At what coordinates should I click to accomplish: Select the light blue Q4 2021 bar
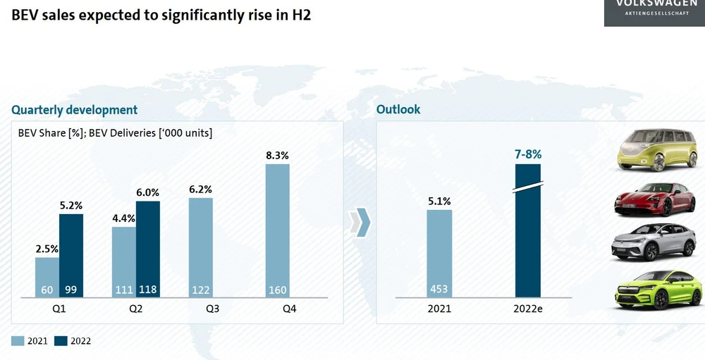277,230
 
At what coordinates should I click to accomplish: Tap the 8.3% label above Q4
277,156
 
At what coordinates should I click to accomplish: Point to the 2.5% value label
47,249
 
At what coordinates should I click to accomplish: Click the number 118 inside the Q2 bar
148,290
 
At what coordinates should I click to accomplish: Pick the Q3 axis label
201,308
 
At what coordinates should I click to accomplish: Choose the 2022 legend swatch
61,341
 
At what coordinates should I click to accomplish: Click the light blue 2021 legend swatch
18,341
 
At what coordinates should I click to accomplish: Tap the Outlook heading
398,109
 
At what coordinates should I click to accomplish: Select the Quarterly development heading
74,110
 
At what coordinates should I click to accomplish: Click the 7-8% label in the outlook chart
528,154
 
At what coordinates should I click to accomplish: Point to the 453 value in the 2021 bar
439,290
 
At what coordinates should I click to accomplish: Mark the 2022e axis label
528,308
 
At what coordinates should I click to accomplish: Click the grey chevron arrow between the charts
361,223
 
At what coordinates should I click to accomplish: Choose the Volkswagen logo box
654,12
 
